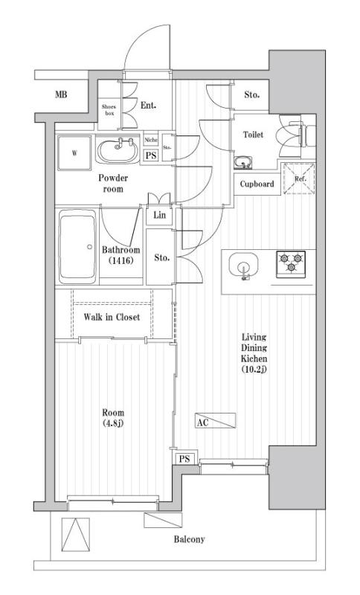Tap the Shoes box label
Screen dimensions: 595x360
[109, 110]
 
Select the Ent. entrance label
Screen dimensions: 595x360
[148, 106]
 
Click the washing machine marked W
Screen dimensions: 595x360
[75, 155]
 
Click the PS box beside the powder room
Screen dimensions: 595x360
[151, 155]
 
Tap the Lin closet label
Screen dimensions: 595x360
[159, 216]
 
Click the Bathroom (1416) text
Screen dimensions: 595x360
[120, 255]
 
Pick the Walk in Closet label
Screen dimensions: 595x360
[112, 317]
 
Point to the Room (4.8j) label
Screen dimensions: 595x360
[113, 418]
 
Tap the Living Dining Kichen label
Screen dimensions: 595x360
[254, 353]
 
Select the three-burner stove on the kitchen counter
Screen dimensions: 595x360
[292, 262]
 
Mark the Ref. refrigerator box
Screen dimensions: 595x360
[299, 178]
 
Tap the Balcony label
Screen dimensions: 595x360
[190, 539]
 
